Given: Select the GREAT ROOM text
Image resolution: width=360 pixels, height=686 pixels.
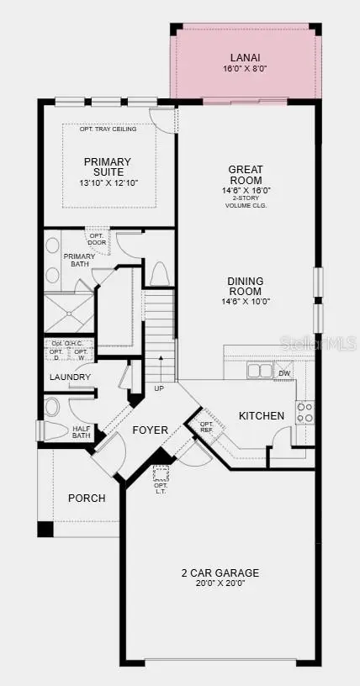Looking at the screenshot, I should point(246,175).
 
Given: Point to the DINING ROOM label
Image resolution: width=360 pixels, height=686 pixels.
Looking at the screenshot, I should point(246,287).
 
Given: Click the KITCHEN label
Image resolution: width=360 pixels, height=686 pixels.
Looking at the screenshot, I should point(262,415).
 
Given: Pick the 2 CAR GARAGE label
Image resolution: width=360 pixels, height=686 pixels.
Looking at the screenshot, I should point(220,573).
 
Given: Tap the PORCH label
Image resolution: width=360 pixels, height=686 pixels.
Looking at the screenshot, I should point(87,498).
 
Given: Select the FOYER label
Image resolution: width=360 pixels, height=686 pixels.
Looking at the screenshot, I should point(151,430).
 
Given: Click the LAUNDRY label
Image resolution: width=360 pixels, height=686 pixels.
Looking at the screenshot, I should point(70,377).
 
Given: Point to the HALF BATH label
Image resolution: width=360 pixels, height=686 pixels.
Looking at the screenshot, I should point(81,431).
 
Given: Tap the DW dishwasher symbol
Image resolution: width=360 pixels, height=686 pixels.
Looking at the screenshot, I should point(284,372).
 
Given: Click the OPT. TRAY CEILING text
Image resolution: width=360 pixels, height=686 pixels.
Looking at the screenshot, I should point(108,129).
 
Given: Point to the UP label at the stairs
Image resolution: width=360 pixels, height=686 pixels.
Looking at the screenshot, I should point(159,388).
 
